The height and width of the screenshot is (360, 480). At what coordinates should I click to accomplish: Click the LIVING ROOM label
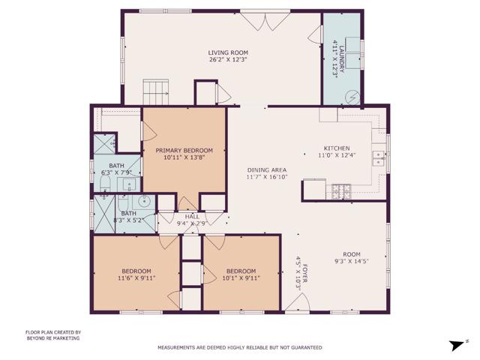pyautogui.click(x=227, y=52)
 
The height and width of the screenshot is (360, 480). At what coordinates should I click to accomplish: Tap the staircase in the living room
pyautogui.click(x=154, y=92)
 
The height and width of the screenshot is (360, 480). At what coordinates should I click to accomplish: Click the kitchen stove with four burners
pyautogui.click(x=341, y=190)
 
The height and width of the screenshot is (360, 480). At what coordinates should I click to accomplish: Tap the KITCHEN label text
pyautogui.click(x=337, y=148)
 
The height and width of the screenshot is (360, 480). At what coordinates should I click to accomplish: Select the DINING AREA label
pyautogui.click(x=266, y=170)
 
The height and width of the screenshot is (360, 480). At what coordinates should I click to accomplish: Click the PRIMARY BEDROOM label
pyautogui.click(x=184, y=150)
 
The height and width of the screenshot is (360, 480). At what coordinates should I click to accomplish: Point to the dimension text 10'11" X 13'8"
pyautogui.click(x=184, y=157)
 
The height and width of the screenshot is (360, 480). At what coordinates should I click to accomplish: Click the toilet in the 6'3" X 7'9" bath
pyautogui.click(x=106, y=184)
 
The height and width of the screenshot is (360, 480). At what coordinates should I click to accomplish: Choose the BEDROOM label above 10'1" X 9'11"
pyautogui.click(x=241, y=271)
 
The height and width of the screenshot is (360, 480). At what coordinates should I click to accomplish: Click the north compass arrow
pyautogui.click(x=454, y=345)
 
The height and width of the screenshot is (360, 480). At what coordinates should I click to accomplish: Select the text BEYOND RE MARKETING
pyautogui.click(x=52, y=338)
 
